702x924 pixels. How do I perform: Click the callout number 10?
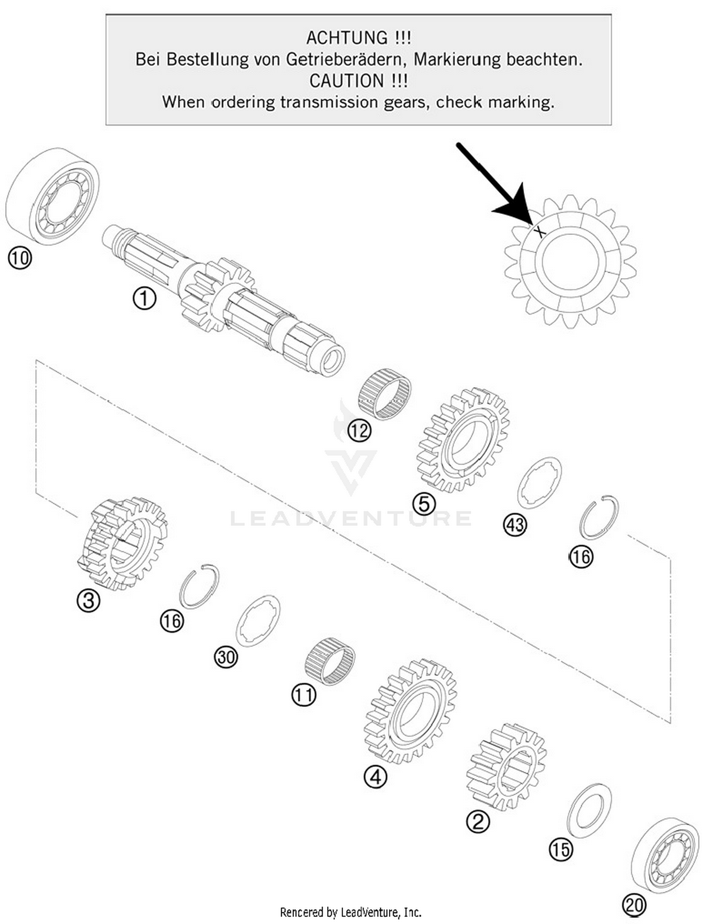[20, 258]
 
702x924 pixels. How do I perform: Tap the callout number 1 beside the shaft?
[144, 298]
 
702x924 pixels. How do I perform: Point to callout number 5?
[424, 504]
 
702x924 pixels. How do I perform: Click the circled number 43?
[515, 525]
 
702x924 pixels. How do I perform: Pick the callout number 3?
[88, 601]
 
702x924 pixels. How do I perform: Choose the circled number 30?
[226, 657]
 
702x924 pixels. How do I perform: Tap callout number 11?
[304, 695]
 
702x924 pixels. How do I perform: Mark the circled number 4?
[375, 777]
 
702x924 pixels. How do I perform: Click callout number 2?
[478, 821]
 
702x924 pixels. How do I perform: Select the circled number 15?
[561, 850]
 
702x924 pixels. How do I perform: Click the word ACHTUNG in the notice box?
[347, 37]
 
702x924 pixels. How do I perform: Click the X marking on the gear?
[540, 231]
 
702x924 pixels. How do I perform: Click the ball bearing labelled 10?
[52, 197]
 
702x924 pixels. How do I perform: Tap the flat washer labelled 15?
[589, 811]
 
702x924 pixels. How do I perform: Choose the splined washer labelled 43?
[539, 483]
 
